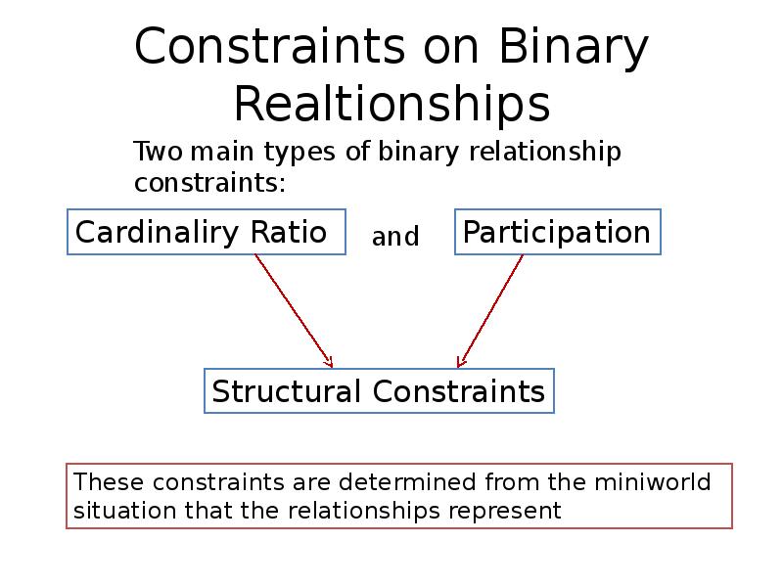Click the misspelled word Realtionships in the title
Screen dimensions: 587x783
tap(391, 103)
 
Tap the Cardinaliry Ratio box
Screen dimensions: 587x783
tap(206, 233)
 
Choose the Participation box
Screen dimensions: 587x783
tap(558, 233)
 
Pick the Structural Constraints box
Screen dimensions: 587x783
tap(379, 391)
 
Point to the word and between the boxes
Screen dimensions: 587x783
tap(395, 237)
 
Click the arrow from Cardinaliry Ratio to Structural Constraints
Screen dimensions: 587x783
tap(294, 308)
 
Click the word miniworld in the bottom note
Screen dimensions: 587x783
tap(650, 482)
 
